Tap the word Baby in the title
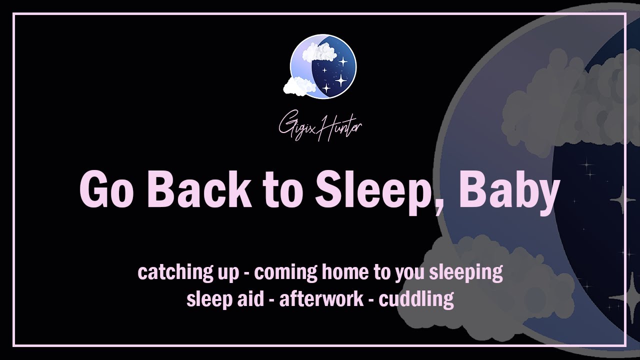[x=508, y=191]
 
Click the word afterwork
[x=321, y=299]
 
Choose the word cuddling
[x=416, y=299]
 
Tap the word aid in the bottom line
[x=254, y=299]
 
